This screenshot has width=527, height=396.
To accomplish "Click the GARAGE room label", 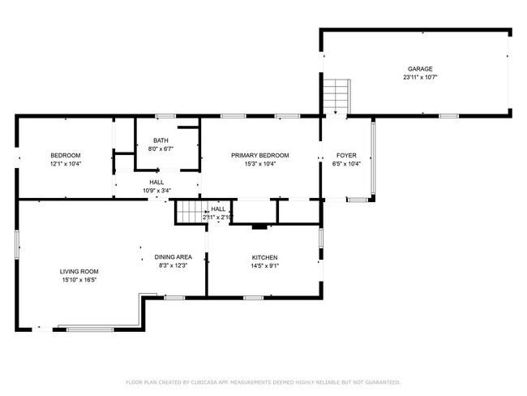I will pyautogui.click(x=419, y=69).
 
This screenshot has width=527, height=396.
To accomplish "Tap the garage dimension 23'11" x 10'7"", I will pyautogui.click(x=419, y=78).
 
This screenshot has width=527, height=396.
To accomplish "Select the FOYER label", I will pyautogui.click(x=346, y=155).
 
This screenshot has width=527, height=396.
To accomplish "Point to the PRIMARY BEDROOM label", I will pyautogui.click(x=259, y=155).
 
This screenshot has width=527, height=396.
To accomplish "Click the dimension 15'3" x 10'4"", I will pyautogui.click(x=259, y=164).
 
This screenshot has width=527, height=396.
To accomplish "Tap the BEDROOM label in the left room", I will pyautogui.click(x=66, y=155).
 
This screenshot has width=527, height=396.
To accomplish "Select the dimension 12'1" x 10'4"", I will pyautogui.click(x=66, y=164).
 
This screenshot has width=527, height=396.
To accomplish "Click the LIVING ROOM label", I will pyautogui.click(x=79, y=271).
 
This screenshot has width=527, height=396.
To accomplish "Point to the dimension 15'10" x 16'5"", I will pyautogui.click(x=79, y=280).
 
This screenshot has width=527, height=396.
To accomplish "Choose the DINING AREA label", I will pyautogui.click(x=173, y=257).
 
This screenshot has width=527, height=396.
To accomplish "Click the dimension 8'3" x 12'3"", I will pyautogui.click(x=173, y=266).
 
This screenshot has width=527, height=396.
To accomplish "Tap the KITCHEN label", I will pyautogui.click(x=264, y=257).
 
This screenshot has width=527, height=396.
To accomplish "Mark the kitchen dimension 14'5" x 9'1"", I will pyautogui.click(x=264, y=266).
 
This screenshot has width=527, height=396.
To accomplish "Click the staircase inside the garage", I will pyautogui.click(x=336, y=96).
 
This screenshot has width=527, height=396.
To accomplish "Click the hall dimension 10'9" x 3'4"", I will pyautogui.click(x=156, y=191).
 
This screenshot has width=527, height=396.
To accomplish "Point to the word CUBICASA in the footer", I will pyautogui.click(x=211, y=381).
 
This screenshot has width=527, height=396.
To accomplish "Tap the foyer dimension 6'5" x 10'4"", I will pyautogui.click(x=346, y=164).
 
